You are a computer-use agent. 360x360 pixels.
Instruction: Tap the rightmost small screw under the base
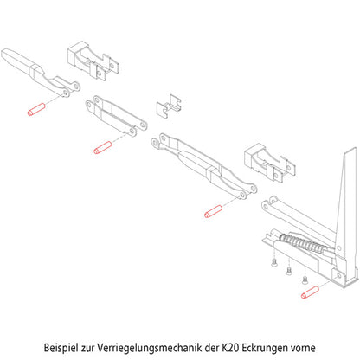[x=304, y=279]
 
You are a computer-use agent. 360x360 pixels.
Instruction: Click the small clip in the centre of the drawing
[x=168, y=106]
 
